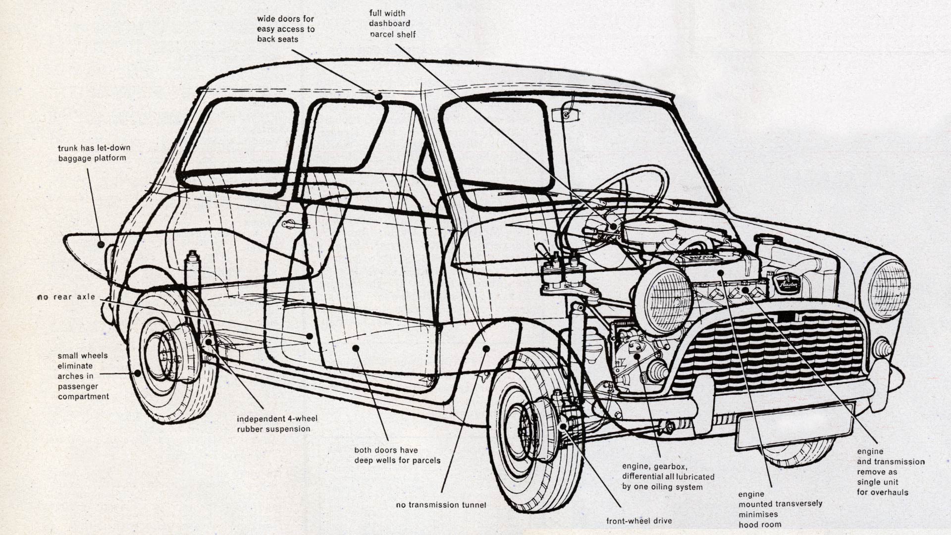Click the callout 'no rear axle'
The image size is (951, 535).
pyautogui.click(x=66, y=297)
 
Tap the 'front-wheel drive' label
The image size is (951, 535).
pyautogui.click(x=639, y=521)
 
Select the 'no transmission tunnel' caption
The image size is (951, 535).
pyautogui.click(x=441, y=505)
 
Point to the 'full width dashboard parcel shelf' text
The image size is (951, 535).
pyautogui.click(x=392, y=24)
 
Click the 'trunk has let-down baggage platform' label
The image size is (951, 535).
pyautogui.click(x=94, y=153)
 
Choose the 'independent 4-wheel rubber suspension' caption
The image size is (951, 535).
pyautogui.click(x=277, y=424)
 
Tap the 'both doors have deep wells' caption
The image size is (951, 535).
pyautogui.click(x=397, y=455)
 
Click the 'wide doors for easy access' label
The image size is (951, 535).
pyautogui.click(x=286, y=29)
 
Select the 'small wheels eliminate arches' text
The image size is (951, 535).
pyautogui.click(x=83, y=376)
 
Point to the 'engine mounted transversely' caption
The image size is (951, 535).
pyautogui.click(x=780, y=509)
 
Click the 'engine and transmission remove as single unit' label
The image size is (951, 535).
pyautogui.click(x=891, y=472)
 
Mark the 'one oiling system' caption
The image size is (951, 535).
pyautogui.click(x=668, y=477)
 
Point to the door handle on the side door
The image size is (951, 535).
pyautogui.click(x=290, y=224)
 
